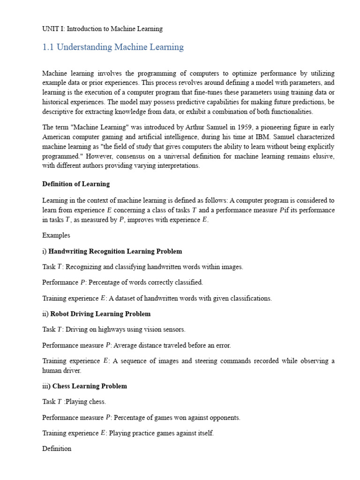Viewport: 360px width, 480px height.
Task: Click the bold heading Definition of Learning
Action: click(x=76, y=184)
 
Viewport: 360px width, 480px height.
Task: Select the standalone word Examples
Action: click(x=56, y=235)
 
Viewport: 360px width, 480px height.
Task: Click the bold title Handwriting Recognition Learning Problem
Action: click(x=115, y=252)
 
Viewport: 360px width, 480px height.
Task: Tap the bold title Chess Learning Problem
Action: click(x=90, y=387)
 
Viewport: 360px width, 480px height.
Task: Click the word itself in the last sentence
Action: click(x=204, y=434)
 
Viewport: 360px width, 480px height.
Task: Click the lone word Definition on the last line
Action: click(x=57, y=449)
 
